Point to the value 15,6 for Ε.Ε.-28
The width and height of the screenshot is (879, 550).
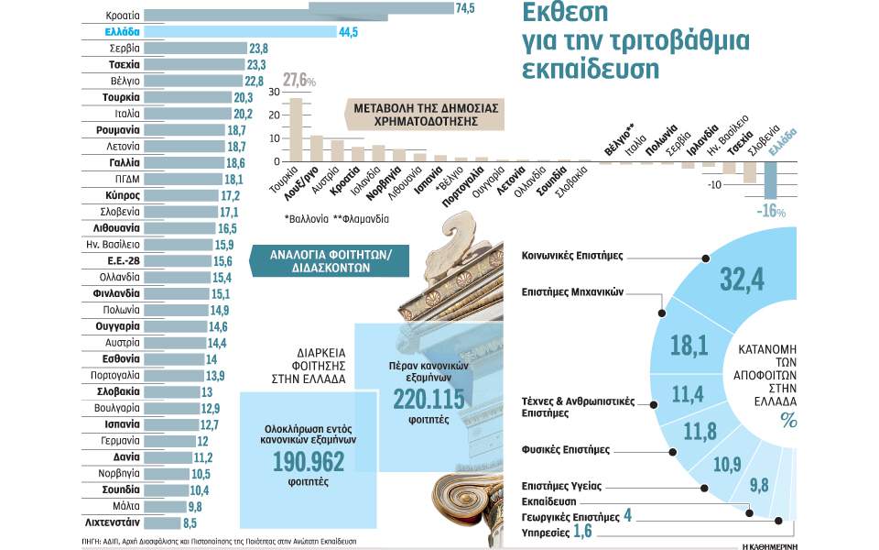pyautogui.click(x=223, y=261)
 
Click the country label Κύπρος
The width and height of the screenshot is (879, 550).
pyautogui.click(x=122, y=196)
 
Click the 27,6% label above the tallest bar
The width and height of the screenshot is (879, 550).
pyautogui.click(x=299, y=82)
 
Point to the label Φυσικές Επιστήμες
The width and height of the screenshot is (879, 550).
pyautogui.click(x=565, y=450)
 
